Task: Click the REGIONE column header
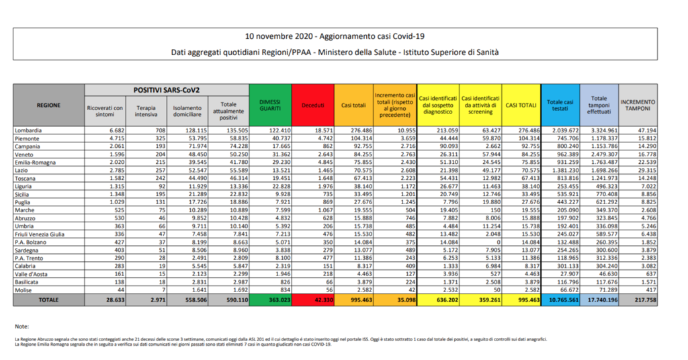(x=49, y=105)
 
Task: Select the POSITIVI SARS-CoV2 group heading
(x=166, y=89)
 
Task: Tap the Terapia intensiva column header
(x=146, y=110)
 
